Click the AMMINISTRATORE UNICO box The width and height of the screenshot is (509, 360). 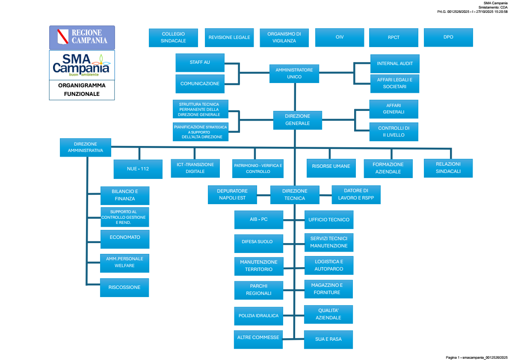click(x=294, y=73)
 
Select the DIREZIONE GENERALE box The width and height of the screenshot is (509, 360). click(x=297, y=120)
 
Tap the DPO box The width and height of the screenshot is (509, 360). click(x=448, y=37)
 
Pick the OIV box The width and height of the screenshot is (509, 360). click(x=340, y=37)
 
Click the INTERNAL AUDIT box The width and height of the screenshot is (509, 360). click(x=395, y=64)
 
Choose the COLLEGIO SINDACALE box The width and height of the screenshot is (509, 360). click(x=173, y=37)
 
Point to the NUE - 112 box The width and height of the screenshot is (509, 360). click(x=138, y=169)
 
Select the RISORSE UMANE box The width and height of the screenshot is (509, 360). click(x=331, y=167)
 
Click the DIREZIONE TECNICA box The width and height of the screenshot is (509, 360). click(x=295, y=195)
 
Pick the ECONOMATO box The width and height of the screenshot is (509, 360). click(x=124, y=239)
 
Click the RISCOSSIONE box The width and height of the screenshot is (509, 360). click(x=124, y=287)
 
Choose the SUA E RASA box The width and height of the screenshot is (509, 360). click(x=328, y=339)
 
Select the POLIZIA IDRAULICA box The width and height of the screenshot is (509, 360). click(x=258, y=316)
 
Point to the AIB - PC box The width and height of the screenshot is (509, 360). click(x=258, y=220)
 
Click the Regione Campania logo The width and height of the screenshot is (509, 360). click(x=82, y=37)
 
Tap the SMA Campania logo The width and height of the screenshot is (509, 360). click(x=82, y=65)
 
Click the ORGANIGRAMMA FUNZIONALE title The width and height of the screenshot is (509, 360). click(x=82, y=89)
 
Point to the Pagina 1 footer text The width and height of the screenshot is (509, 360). click(x=476, y=357)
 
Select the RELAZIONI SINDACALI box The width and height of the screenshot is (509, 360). click(x=448, y=168)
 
